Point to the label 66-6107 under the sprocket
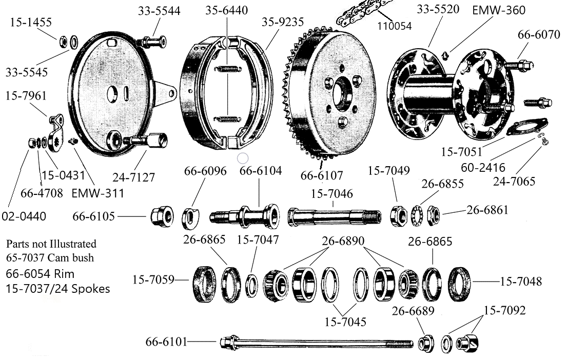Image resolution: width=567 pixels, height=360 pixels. [321, 176]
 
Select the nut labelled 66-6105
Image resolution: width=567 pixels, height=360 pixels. [159, 217]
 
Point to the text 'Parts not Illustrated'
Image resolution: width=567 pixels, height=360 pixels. [51, 244]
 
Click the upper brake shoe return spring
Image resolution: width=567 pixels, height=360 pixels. [227, 70]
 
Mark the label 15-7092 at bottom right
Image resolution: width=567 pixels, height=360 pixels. [504, 310]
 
